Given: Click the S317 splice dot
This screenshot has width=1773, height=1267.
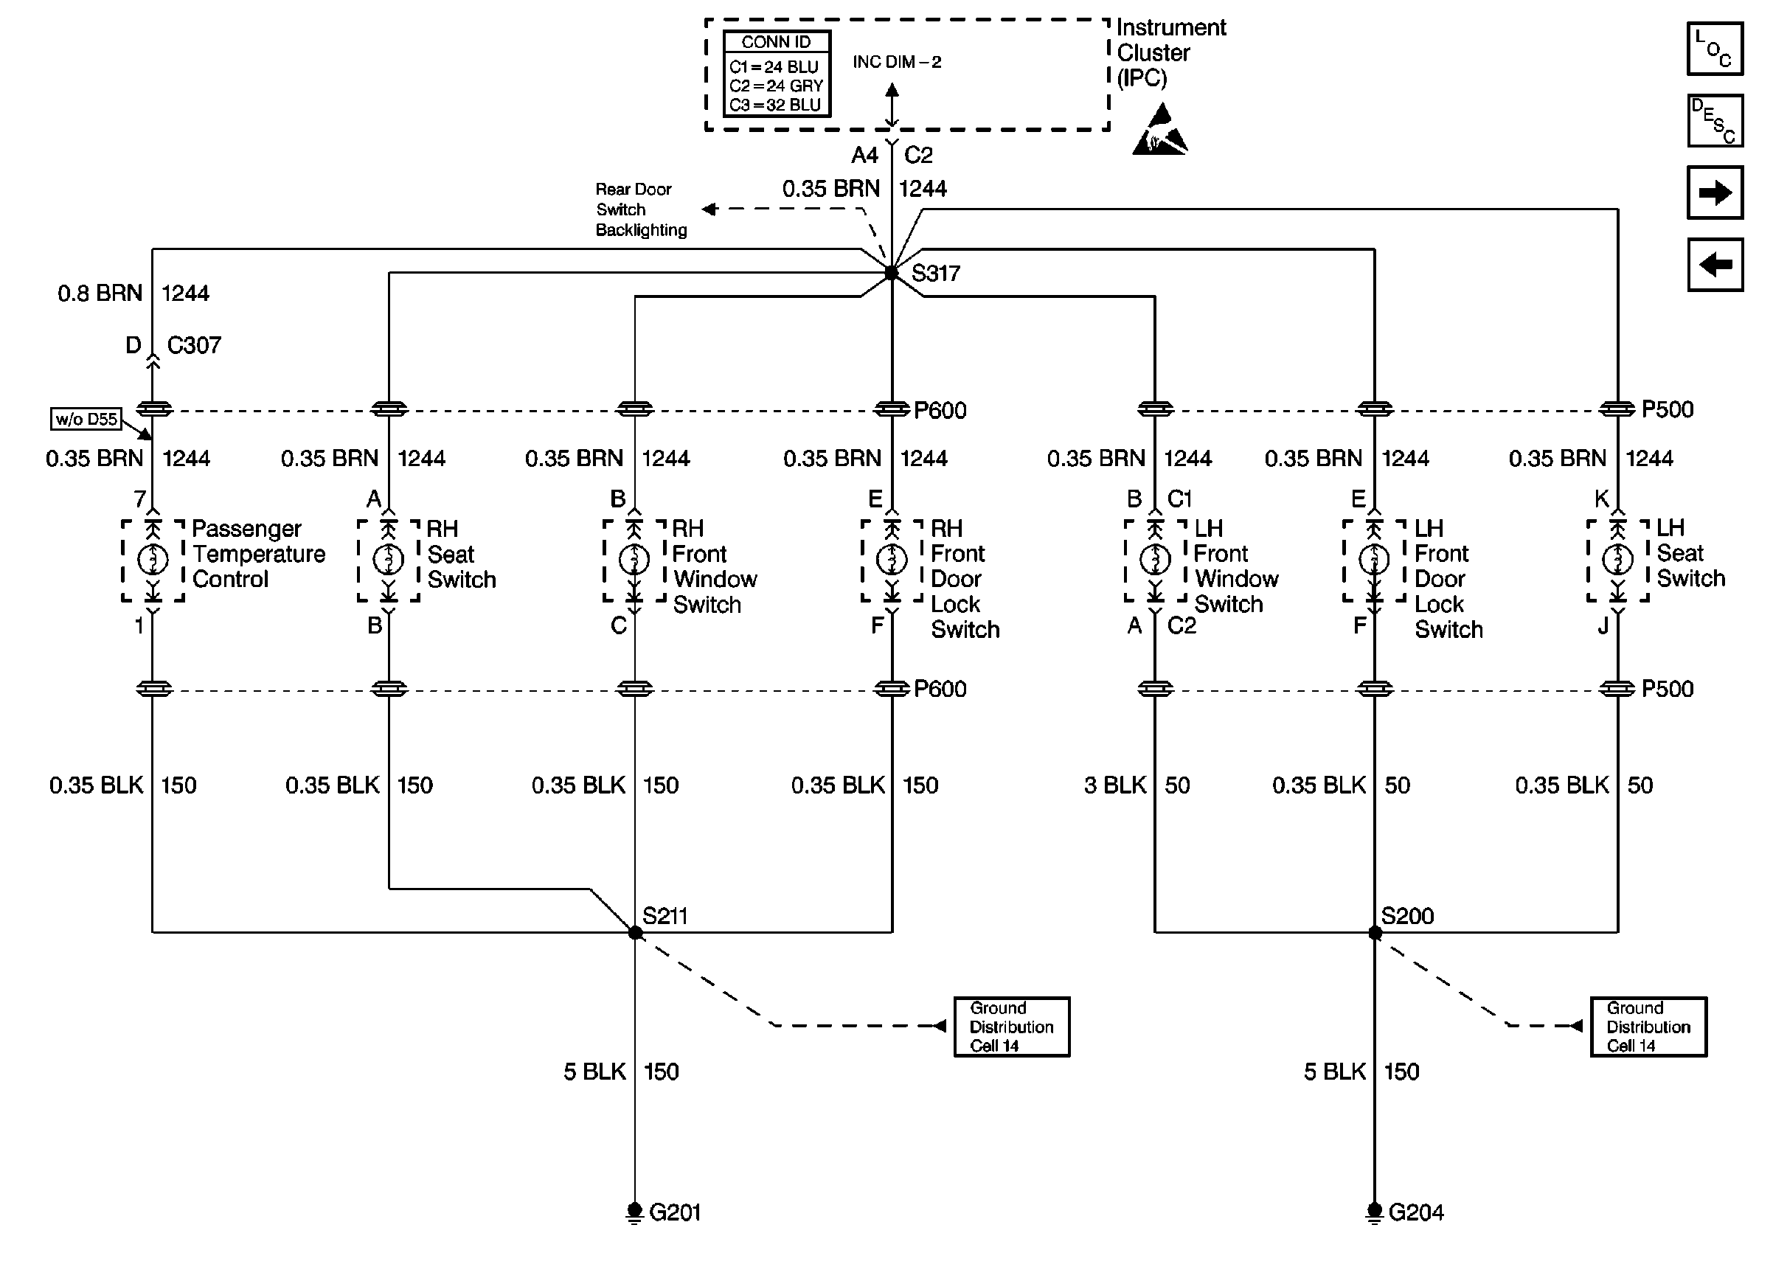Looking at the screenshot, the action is (x=892, y=273).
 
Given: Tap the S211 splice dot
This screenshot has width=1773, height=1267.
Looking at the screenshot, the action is (x=635, y=932).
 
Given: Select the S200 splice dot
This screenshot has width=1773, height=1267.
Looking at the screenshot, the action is (x=1375, y=932).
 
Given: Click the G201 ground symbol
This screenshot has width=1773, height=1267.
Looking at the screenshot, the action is (x=635, y=1212).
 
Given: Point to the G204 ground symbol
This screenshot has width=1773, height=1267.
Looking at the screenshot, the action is (x=1375, y=1212).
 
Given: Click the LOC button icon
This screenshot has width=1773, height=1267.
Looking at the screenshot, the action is (x=1715, y=49).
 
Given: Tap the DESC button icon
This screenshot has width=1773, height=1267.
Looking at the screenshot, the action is (x=1715, y=121).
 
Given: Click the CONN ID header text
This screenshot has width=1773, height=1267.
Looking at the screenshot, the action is (x=776, y=42).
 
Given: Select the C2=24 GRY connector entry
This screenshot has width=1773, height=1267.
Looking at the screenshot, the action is (x=776, y=86).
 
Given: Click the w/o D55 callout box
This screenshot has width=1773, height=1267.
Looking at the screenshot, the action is (x=86, y=419).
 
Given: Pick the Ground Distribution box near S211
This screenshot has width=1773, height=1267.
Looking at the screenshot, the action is (x=1012, y=1027).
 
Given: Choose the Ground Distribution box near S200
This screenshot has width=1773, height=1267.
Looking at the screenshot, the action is (x=1648, y=1027).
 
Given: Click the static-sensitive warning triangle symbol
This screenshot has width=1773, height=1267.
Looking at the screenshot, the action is (x=1160, y=130).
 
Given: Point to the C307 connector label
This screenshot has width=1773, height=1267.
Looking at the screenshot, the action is (x=194, y=345).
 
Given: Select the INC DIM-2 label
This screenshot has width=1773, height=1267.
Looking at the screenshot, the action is (x=897, y=62).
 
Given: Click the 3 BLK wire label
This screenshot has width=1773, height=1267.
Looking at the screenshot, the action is (x=1114, y=785).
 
